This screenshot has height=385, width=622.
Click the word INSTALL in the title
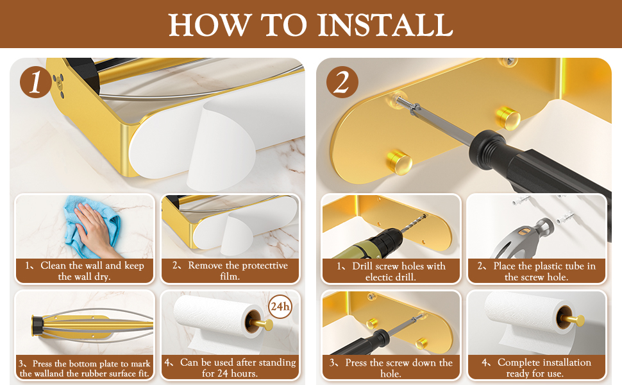point(385,24)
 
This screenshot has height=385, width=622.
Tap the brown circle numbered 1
point(36,82)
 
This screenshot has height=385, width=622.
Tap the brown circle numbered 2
point(342,82)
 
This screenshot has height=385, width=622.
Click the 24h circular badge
point(280,307)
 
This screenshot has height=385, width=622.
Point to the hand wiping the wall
point(94,227)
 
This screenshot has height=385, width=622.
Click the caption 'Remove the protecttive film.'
point(230,271)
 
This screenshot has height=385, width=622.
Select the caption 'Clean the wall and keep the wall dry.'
point(84,271)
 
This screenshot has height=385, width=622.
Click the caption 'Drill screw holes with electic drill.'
point(391,271)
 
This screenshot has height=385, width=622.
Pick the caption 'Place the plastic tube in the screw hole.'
point(536,271)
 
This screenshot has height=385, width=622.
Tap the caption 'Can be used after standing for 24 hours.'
point(230,368)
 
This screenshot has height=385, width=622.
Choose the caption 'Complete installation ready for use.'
point(536,368)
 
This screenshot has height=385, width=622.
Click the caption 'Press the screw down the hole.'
point(391,368)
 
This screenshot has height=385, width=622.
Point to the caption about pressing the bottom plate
point(85,368)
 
